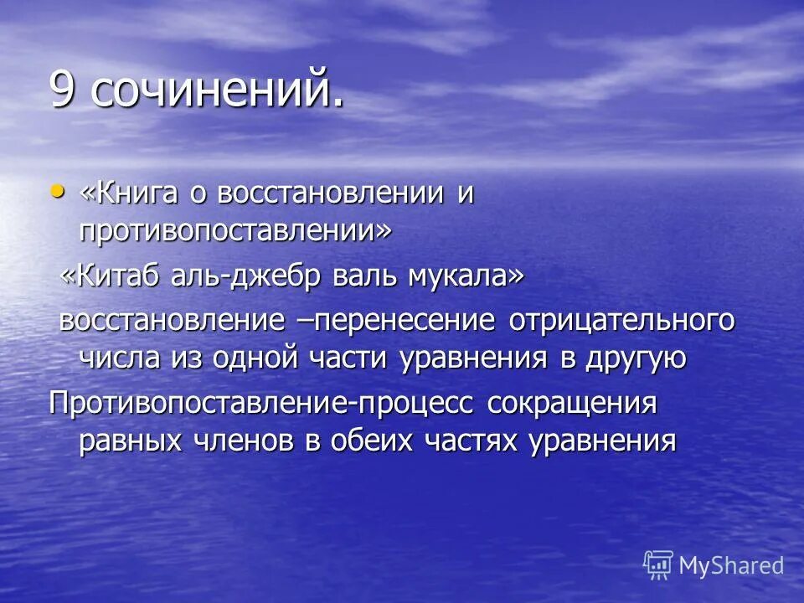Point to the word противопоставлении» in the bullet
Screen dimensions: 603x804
[234, 230]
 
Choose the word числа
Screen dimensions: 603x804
[115, 358]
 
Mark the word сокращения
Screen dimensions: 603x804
[573, 403]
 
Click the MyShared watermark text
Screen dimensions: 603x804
[730, 565]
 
